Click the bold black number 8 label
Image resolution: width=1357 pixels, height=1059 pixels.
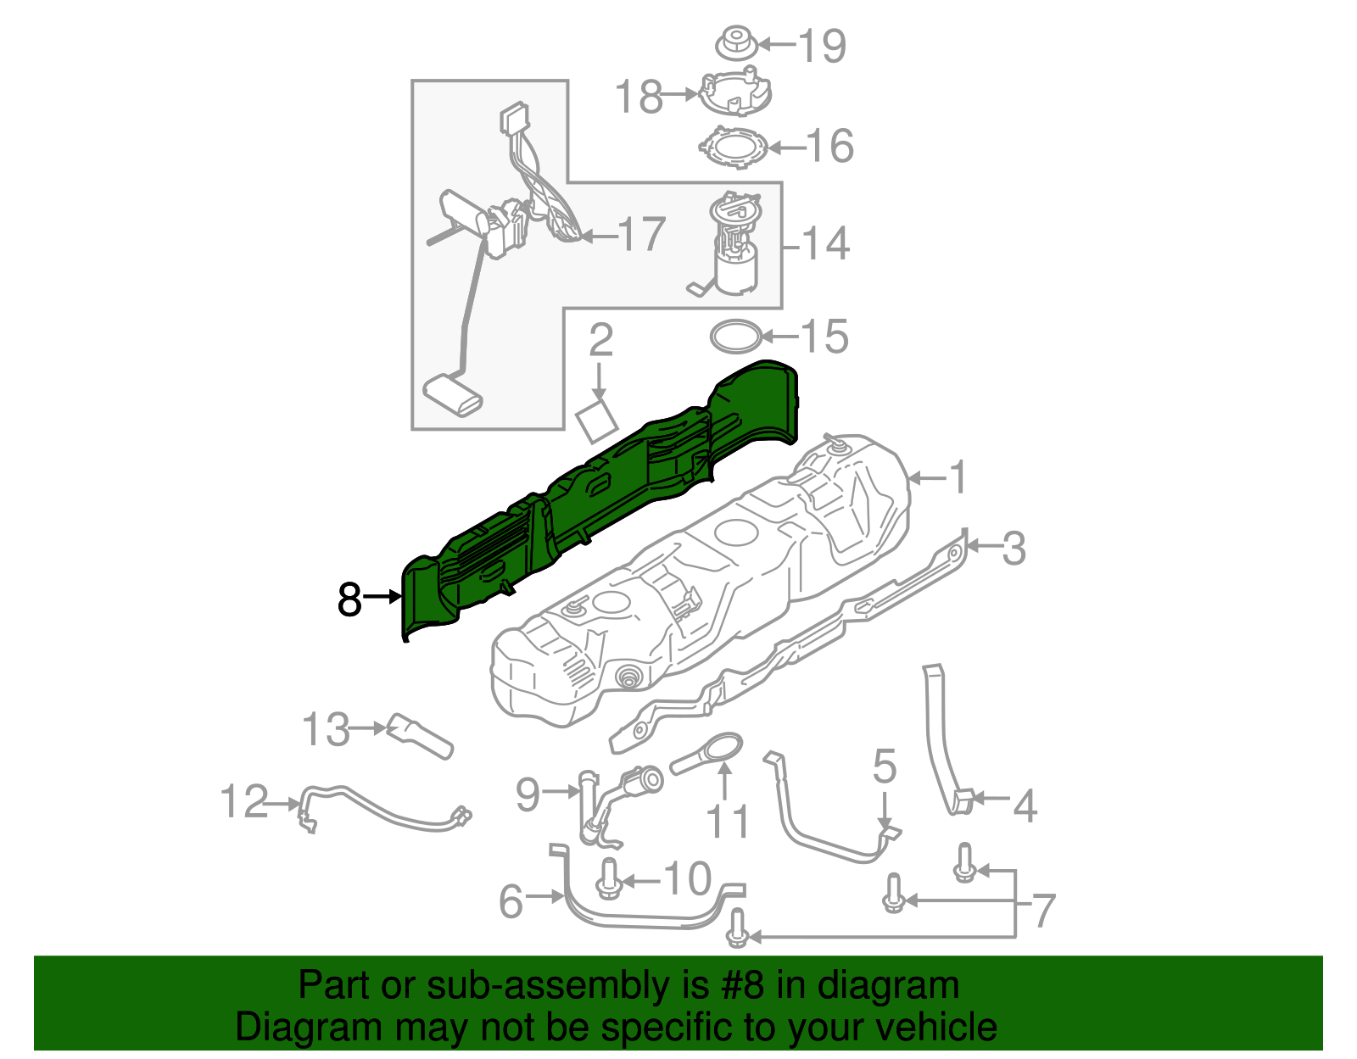pos(349,599)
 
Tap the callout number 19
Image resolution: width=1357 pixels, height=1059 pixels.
pos(822,46)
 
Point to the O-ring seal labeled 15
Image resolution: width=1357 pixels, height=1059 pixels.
pos(734,337)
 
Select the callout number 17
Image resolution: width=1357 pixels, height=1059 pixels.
pos(641,235)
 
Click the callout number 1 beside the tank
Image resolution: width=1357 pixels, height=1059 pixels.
pos(958,478)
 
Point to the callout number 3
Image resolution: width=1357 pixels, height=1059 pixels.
pos(1014,549)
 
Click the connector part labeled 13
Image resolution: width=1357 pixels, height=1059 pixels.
pos(419,736)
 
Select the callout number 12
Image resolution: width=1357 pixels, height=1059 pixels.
pos(244,801)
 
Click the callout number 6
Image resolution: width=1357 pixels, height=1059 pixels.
pos(511,901)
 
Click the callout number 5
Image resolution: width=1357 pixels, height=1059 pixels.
pos(884,766)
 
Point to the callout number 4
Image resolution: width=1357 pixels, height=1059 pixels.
pos(1025,805)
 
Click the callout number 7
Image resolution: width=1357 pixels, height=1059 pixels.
pos(1043,911)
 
